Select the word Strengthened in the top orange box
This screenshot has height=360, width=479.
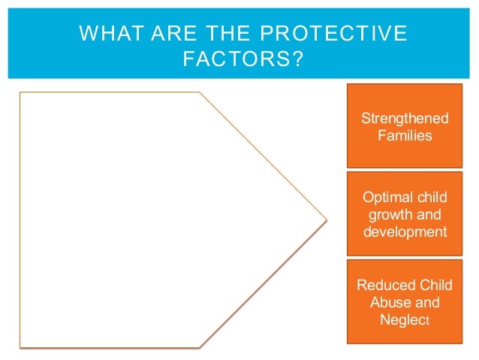point(405,119)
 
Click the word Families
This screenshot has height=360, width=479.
point(405,136)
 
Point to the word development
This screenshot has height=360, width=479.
point(405,231)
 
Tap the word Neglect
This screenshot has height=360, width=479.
point(405,320)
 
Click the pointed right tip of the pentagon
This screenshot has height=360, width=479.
point(327,220)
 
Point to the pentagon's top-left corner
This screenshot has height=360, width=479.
point(20,92)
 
